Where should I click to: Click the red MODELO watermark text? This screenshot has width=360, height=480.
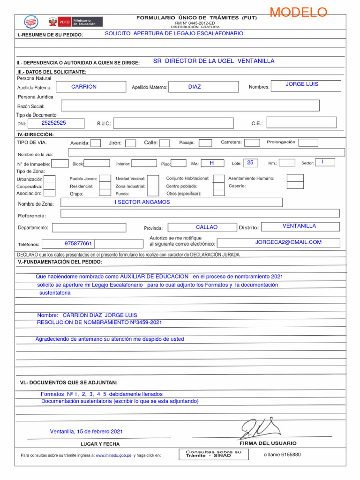(x=298, y=13)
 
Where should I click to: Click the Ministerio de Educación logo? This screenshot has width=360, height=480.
(x=75, y=22)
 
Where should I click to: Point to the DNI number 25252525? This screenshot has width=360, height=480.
(x=54, y=123)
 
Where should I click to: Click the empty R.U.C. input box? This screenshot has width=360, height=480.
(x=173, y=124)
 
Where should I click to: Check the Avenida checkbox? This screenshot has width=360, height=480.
(x=96, y=143)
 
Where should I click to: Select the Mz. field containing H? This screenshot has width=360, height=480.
(x=212, y=163)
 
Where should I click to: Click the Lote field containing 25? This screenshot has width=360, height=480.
(x=250, y=163)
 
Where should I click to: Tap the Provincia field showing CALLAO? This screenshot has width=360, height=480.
(x=207, y=227)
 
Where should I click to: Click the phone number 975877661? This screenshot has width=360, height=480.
(x=78, y=244)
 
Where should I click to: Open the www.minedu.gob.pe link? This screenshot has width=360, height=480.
(x=113, y=455)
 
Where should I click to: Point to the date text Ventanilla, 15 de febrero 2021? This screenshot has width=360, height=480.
(x=86, y=432)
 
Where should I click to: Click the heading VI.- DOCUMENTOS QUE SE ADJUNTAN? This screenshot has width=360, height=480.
(x=68, y=382)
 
